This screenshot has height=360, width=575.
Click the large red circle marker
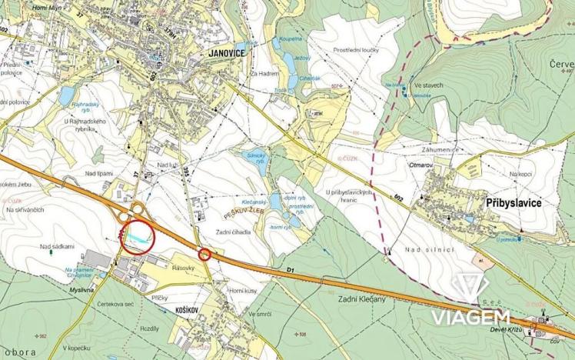pyautogui.click(x=138, y=235)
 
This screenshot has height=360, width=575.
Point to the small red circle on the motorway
pyautogui.click(x=204, y=254)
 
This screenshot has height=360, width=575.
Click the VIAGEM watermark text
pyautogui.click(x=470, y=318)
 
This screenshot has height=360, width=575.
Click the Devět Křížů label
pyautogui.click(x=505, y=330)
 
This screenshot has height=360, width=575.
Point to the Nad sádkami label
pyautogui.click(x=57, y=246)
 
